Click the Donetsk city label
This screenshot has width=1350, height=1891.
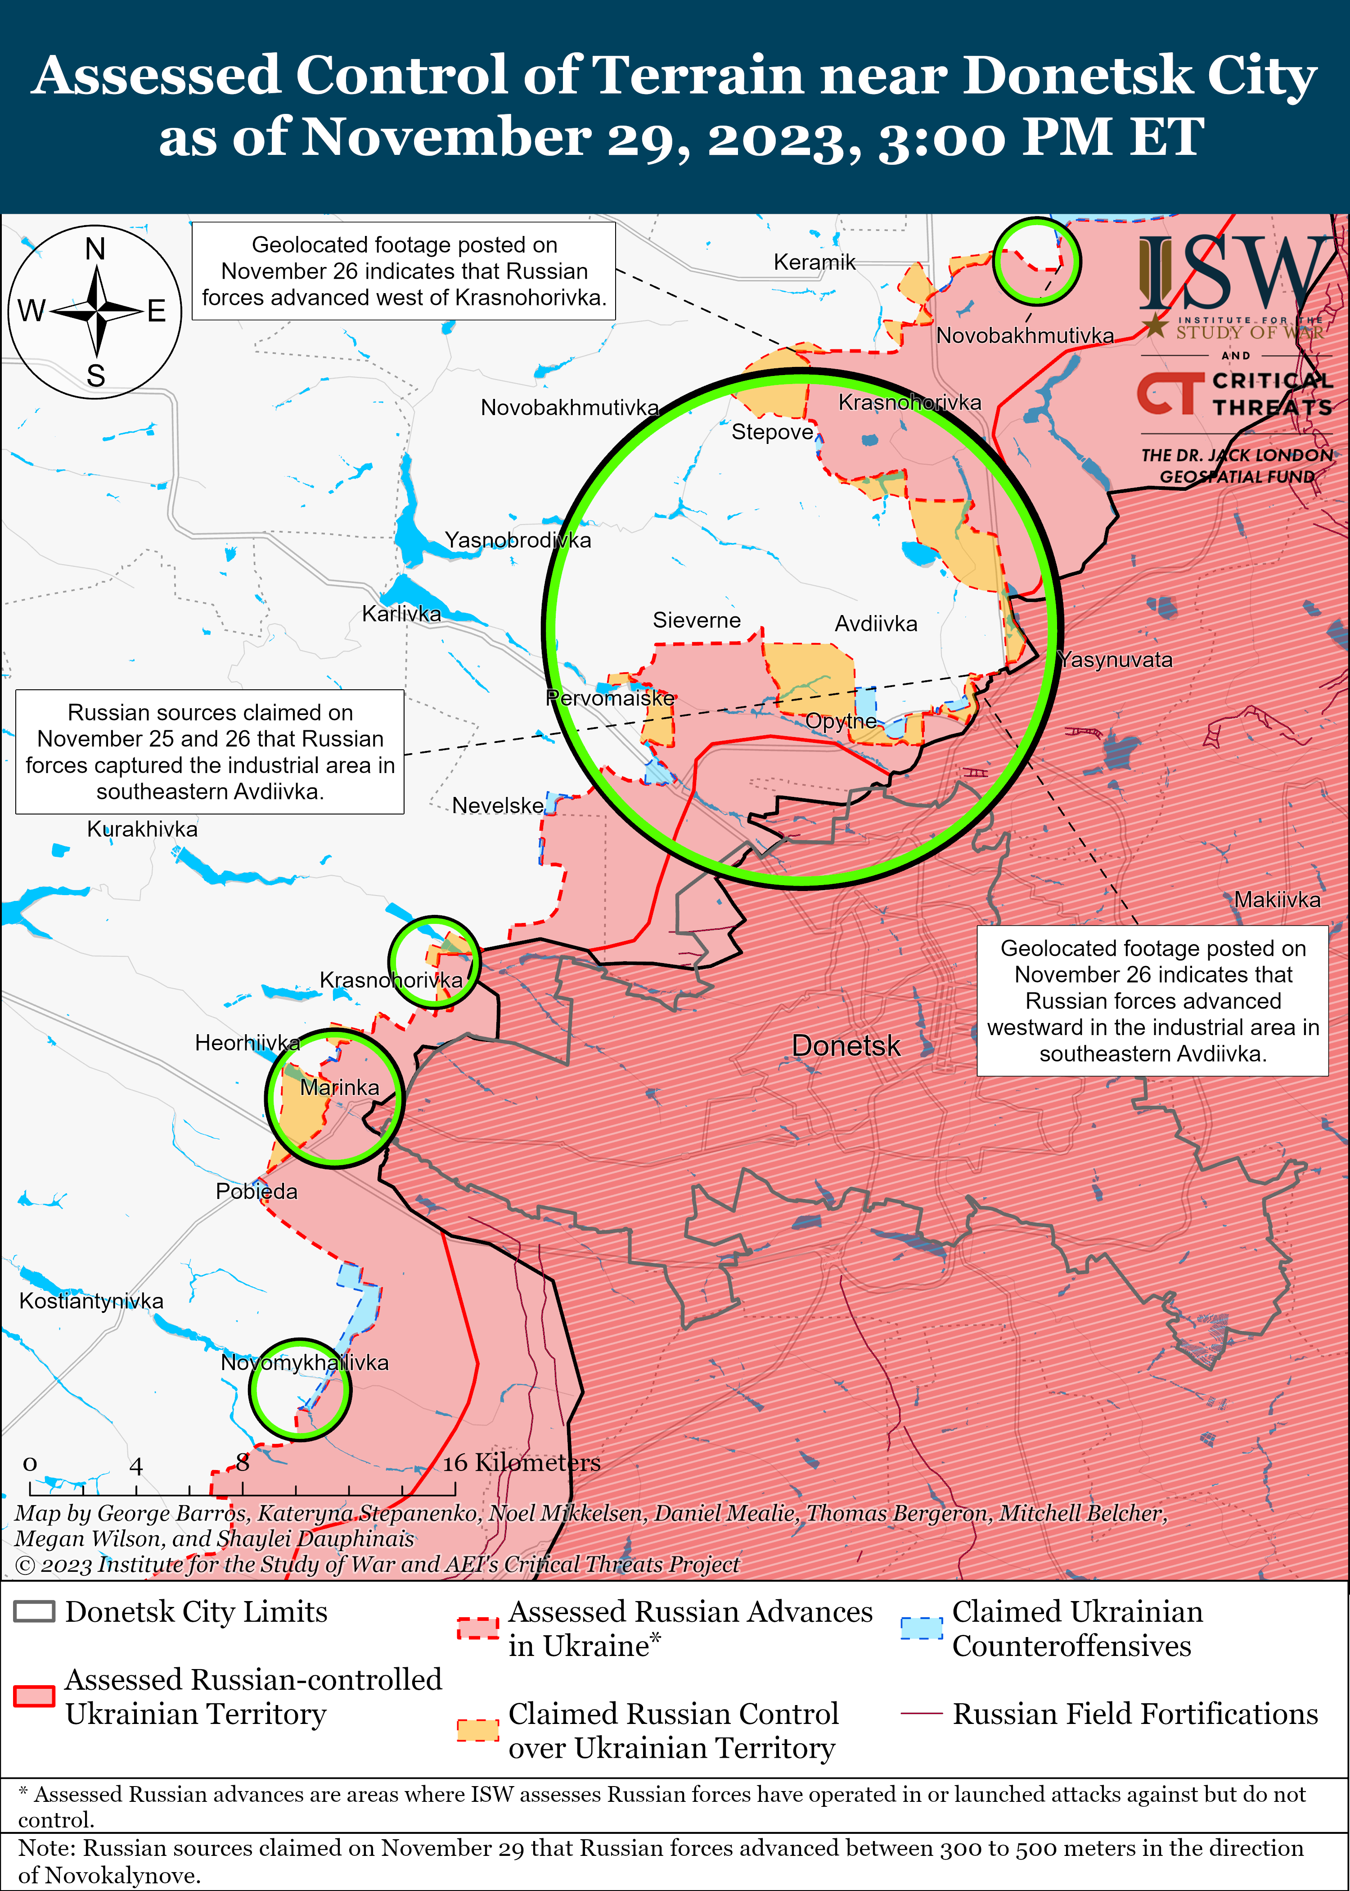(x=846, y=1045)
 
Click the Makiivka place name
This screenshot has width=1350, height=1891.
(x=1277, y=900)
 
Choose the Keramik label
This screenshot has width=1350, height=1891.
(x=814, y=263)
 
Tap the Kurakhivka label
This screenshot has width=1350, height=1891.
(x=142, y=829)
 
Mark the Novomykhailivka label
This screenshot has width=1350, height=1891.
(x=304, y=1363)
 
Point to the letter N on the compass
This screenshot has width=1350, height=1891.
(x=95, y=249)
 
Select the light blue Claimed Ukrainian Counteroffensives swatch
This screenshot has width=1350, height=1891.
(x=921, y=1628)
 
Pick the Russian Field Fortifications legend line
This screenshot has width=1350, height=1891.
(x=921, y=1714)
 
